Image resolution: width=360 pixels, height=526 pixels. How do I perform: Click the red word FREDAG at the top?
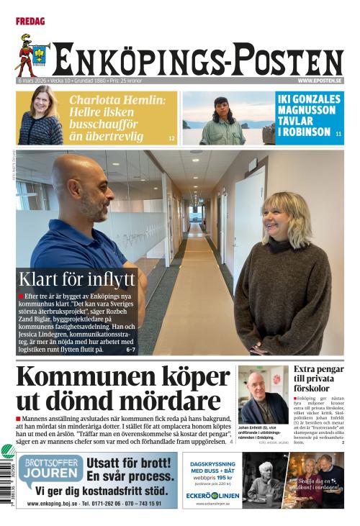point(30,22)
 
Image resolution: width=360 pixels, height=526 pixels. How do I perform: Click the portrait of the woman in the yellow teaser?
point(40,117)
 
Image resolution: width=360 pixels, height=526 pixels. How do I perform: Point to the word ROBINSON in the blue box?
point(305,132)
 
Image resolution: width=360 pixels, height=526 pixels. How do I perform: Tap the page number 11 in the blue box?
point(338,134)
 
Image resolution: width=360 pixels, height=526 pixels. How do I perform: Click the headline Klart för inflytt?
point(77,279)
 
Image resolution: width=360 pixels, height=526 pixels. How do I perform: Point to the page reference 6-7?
point(130,350)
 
